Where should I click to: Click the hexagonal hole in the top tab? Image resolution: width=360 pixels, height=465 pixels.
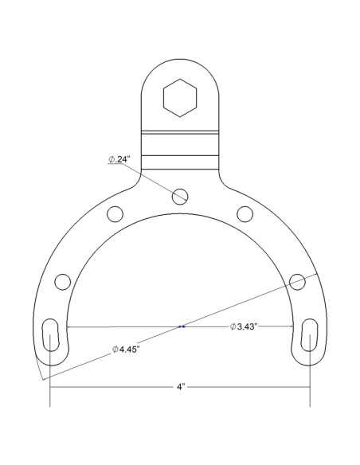tap(180, 98)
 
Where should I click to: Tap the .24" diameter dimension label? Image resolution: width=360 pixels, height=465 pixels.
tap(119, 159)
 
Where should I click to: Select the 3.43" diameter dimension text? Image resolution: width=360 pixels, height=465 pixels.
tap(243, 326)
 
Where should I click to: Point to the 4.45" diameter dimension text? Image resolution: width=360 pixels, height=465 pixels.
tap(126, 350)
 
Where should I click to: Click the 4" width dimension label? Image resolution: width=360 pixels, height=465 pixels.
tap(181, 387)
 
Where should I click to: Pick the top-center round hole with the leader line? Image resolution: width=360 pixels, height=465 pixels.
tap(180, 197)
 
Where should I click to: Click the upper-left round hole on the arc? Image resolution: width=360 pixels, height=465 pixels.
tap(115, 214)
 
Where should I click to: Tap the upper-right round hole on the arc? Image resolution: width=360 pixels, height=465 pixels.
tap(245, 214)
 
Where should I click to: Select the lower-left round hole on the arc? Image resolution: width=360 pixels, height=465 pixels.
tap(63, 282)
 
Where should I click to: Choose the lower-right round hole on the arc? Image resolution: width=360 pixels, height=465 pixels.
tap(297, 282)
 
